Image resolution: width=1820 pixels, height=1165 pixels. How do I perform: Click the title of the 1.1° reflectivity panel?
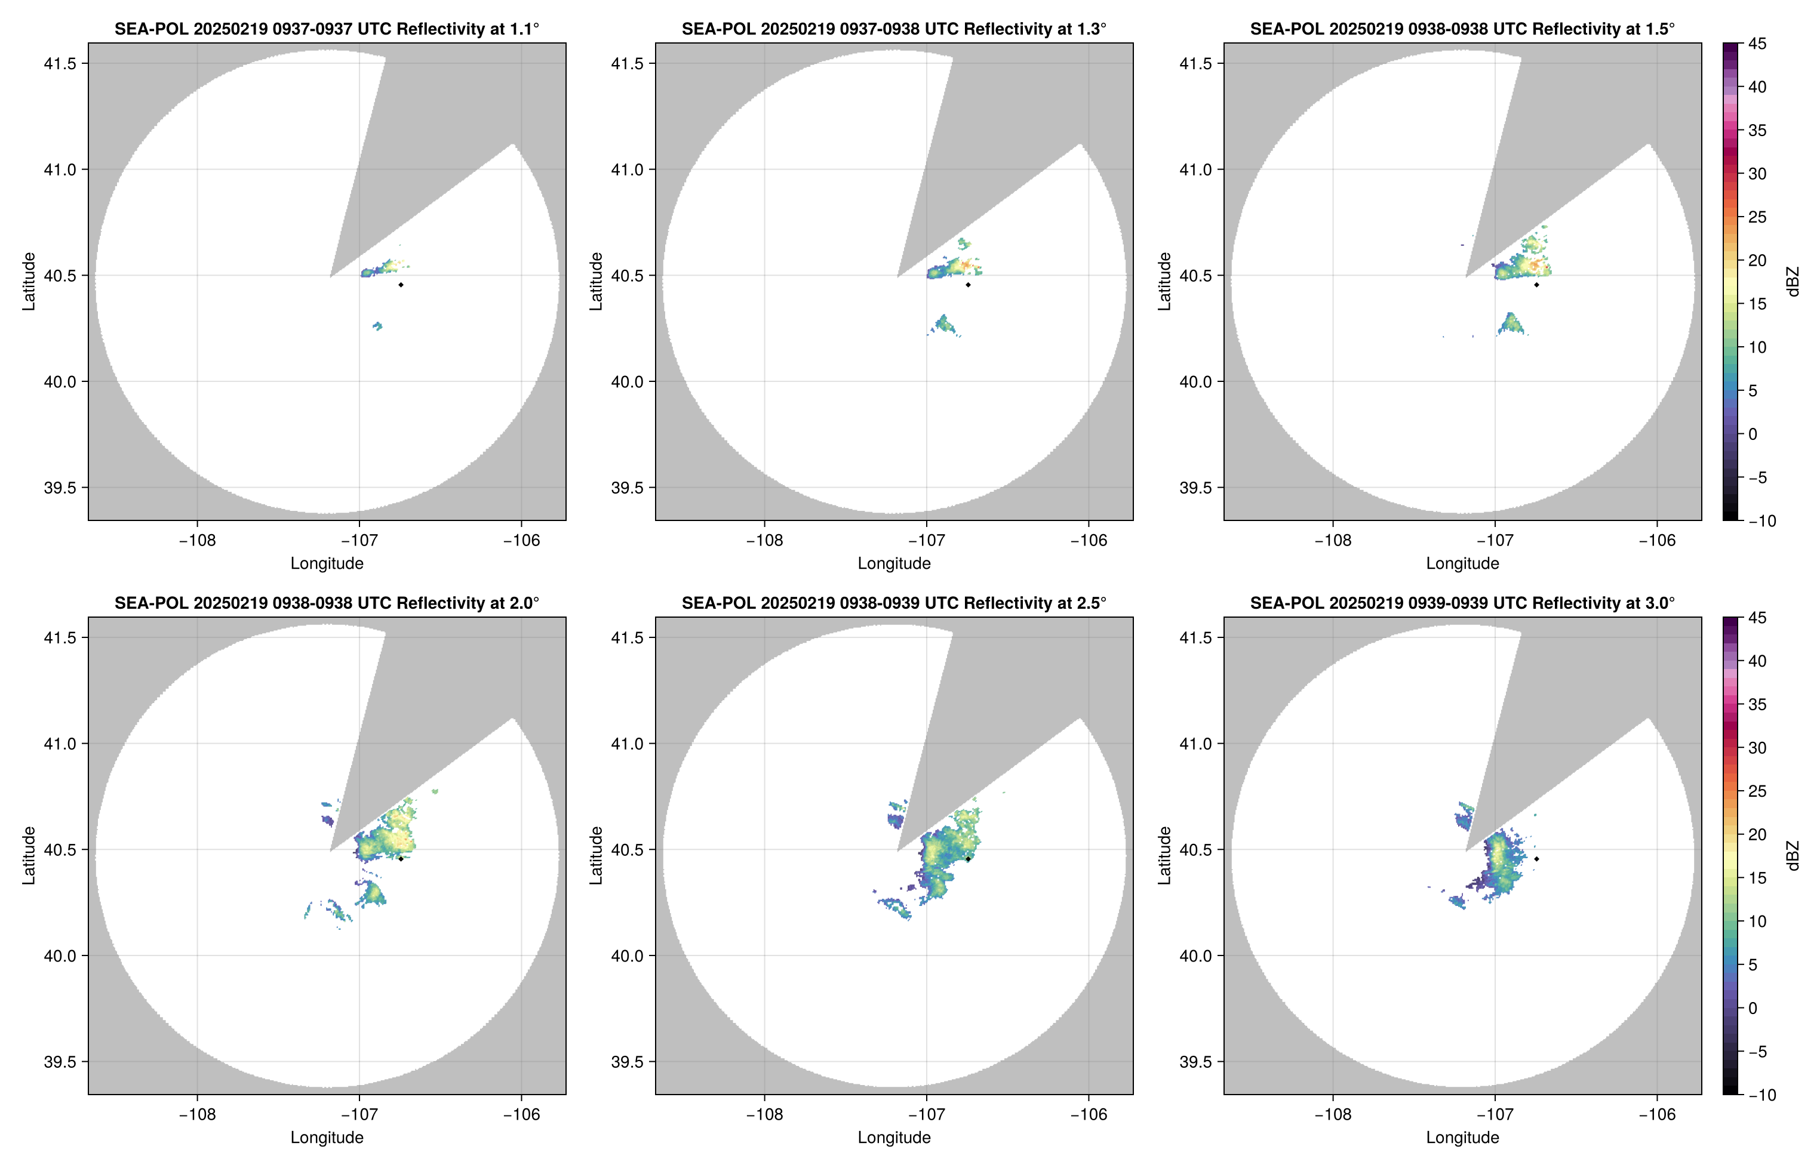(x=327, y=29)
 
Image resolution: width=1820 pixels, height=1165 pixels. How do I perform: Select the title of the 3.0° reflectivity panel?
(x=1462, y=603)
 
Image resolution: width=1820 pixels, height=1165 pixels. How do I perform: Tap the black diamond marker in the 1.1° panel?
(x=400, y=285)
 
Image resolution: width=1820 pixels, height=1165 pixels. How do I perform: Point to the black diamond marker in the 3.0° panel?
(x=1536, y=859)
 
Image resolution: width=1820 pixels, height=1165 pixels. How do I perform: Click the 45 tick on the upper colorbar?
(x=1757, y=44)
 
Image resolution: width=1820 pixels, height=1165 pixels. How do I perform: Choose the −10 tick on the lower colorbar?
(x=1761, y=1095)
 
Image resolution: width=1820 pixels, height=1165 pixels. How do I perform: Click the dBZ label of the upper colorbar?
(x=1792, y=282)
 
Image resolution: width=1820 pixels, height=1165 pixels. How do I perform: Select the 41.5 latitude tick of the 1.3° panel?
(x=628, y=63)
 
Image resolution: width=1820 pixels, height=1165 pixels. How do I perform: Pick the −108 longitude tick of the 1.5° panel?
(x=1333, y=540)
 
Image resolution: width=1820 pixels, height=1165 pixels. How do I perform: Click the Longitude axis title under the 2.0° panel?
(x=327, y=1137)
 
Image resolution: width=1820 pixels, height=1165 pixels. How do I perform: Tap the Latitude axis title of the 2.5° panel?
(x=597, y=856)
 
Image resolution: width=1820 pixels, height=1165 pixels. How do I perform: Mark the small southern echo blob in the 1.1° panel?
(x=377, y=326)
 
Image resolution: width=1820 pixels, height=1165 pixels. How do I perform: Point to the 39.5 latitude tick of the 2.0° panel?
(x=60, y=1061)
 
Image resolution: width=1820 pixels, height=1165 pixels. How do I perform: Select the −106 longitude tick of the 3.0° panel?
(x=1658, y=1114)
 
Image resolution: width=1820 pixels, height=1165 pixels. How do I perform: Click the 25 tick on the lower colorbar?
(x=1757, y=791)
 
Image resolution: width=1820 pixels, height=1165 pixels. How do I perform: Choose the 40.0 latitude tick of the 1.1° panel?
(x=60, y=381)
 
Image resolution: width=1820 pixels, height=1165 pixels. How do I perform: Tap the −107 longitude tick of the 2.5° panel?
(x=926, y=1114)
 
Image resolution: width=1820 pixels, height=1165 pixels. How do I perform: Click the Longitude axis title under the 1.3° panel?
(x=894, y=563)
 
